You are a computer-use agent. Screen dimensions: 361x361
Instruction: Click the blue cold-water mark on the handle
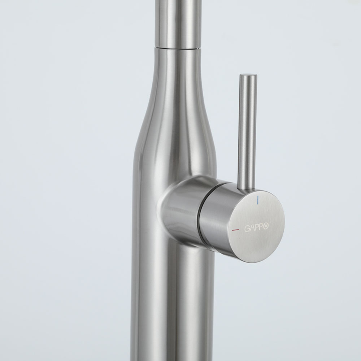click(x=258, y=200)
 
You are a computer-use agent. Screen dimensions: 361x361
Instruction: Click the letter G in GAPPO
click(x=247, y=229)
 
